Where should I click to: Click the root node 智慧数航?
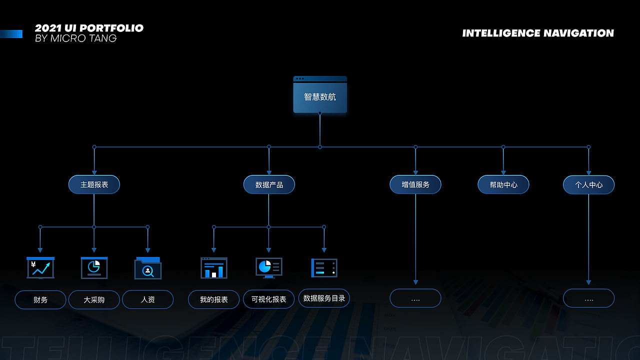tap(320, 96)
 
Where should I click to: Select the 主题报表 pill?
tap(94, 184)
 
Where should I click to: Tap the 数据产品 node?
tap(269, 184)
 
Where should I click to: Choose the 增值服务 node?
tap(415, 184)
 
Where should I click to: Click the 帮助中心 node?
tap(503, 184)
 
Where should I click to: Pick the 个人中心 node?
tap(588, 184)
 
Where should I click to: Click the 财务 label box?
tap(40, 299)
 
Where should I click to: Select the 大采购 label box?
tap(94, 299)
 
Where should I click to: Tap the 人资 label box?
tap(148, 299)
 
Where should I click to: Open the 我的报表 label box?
tap(214, 299)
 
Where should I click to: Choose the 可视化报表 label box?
tap(269, 299)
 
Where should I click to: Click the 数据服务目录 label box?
tap(324, 298)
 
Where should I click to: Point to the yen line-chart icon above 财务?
tap(40, 268)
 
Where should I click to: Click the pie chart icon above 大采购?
tap(94, 267)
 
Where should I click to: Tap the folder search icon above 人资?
tap(148, 268)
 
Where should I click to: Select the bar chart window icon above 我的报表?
tap(214, 268)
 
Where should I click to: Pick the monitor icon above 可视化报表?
tap(269, 267)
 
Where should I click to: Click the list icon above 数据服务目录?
tap(324, 267)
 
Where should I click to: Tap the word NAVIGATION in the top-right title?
tap(578, 33)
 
